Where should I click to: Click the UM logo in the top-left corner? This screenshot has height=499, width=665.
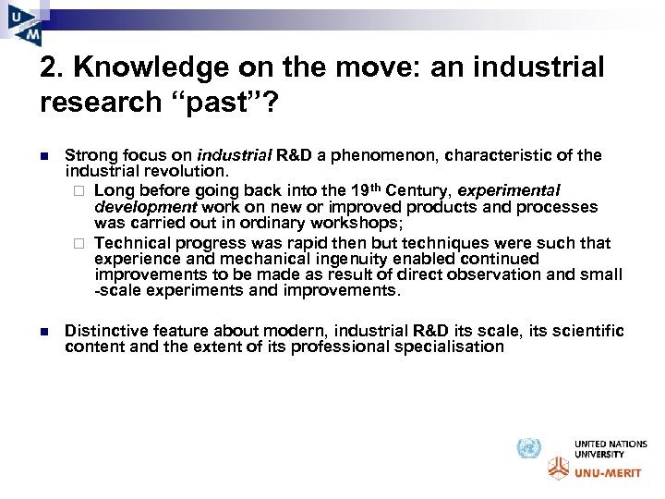point(24,22)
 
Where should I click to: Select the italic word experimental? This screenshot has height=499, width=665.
point(509,190)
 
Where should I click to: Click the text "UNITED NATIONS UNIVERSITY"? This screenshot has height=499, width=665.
point(611,449)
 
